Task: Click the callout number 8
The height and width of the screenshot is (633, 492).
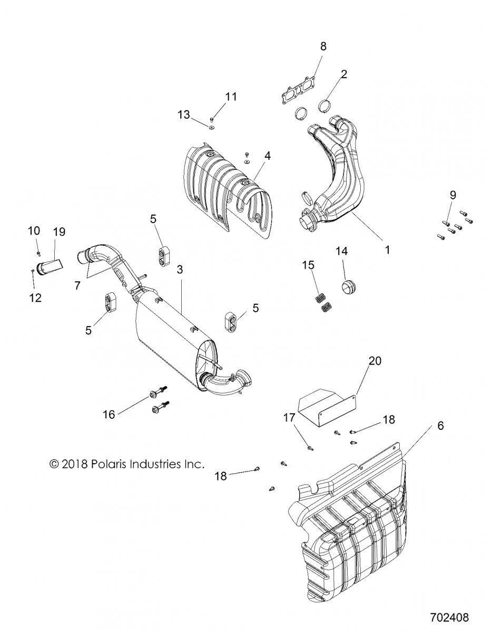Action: click(323, 46)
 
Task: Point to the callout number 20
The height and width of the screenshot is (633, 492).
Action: click(375, 361)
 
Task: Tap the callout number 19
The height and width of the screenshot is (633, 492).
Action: click(59, 231)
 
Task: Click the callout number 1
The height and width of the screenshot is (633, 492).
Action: click(387, 250)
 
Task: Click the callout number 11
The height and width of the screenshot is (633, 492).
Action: click(231, 97)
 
